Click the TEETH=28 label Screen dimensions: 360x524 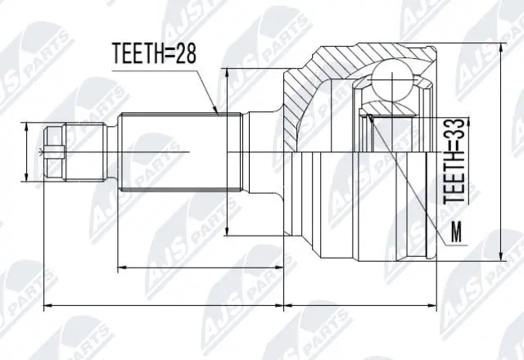coord(153,55)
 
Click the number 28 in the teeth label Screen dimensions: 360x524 coord(184,55)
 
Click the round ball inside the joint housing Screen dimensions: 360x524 coord(391,84)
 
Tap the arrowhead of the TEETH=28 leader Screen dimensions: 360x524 coord(215,110)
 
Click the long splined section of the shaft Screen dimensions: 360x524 coord(172,151)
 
